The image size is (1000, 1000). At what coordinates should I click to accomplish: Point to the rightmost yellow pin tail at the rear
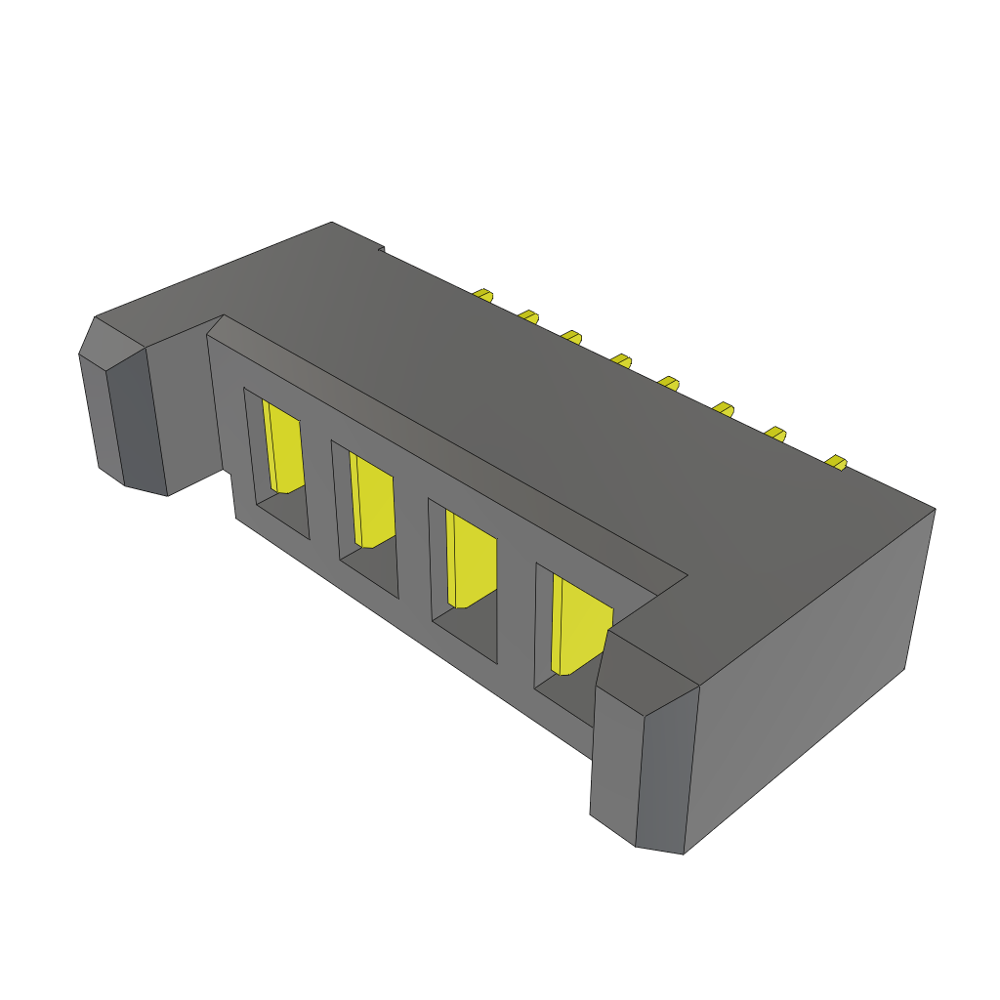tap(836, 461)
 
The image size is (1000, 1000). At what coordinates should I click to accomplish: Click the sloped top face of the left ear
tap(111, 341)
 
